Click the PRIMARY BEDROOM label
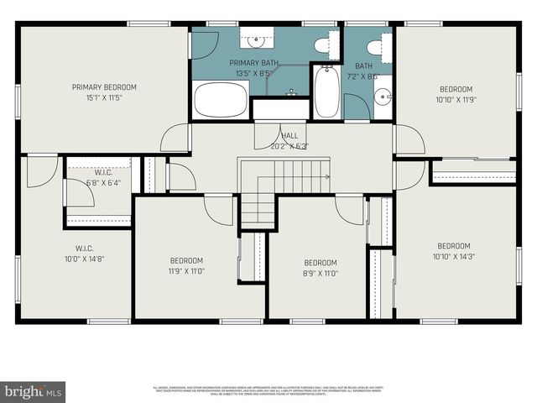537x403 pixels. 103,87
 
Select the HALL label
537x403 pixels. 289,135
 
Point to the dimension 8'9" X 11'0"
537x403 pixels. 320,274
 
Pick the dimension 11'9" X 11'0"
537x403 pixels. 185,271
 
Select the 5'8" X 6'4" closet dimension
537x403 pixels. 97,182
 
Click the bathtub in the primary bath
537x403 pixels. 222,101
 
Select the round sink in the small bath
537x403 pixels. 383,95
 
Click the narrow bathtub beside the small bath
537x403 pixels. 326,92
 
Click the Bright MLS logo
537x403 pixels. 34,391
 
